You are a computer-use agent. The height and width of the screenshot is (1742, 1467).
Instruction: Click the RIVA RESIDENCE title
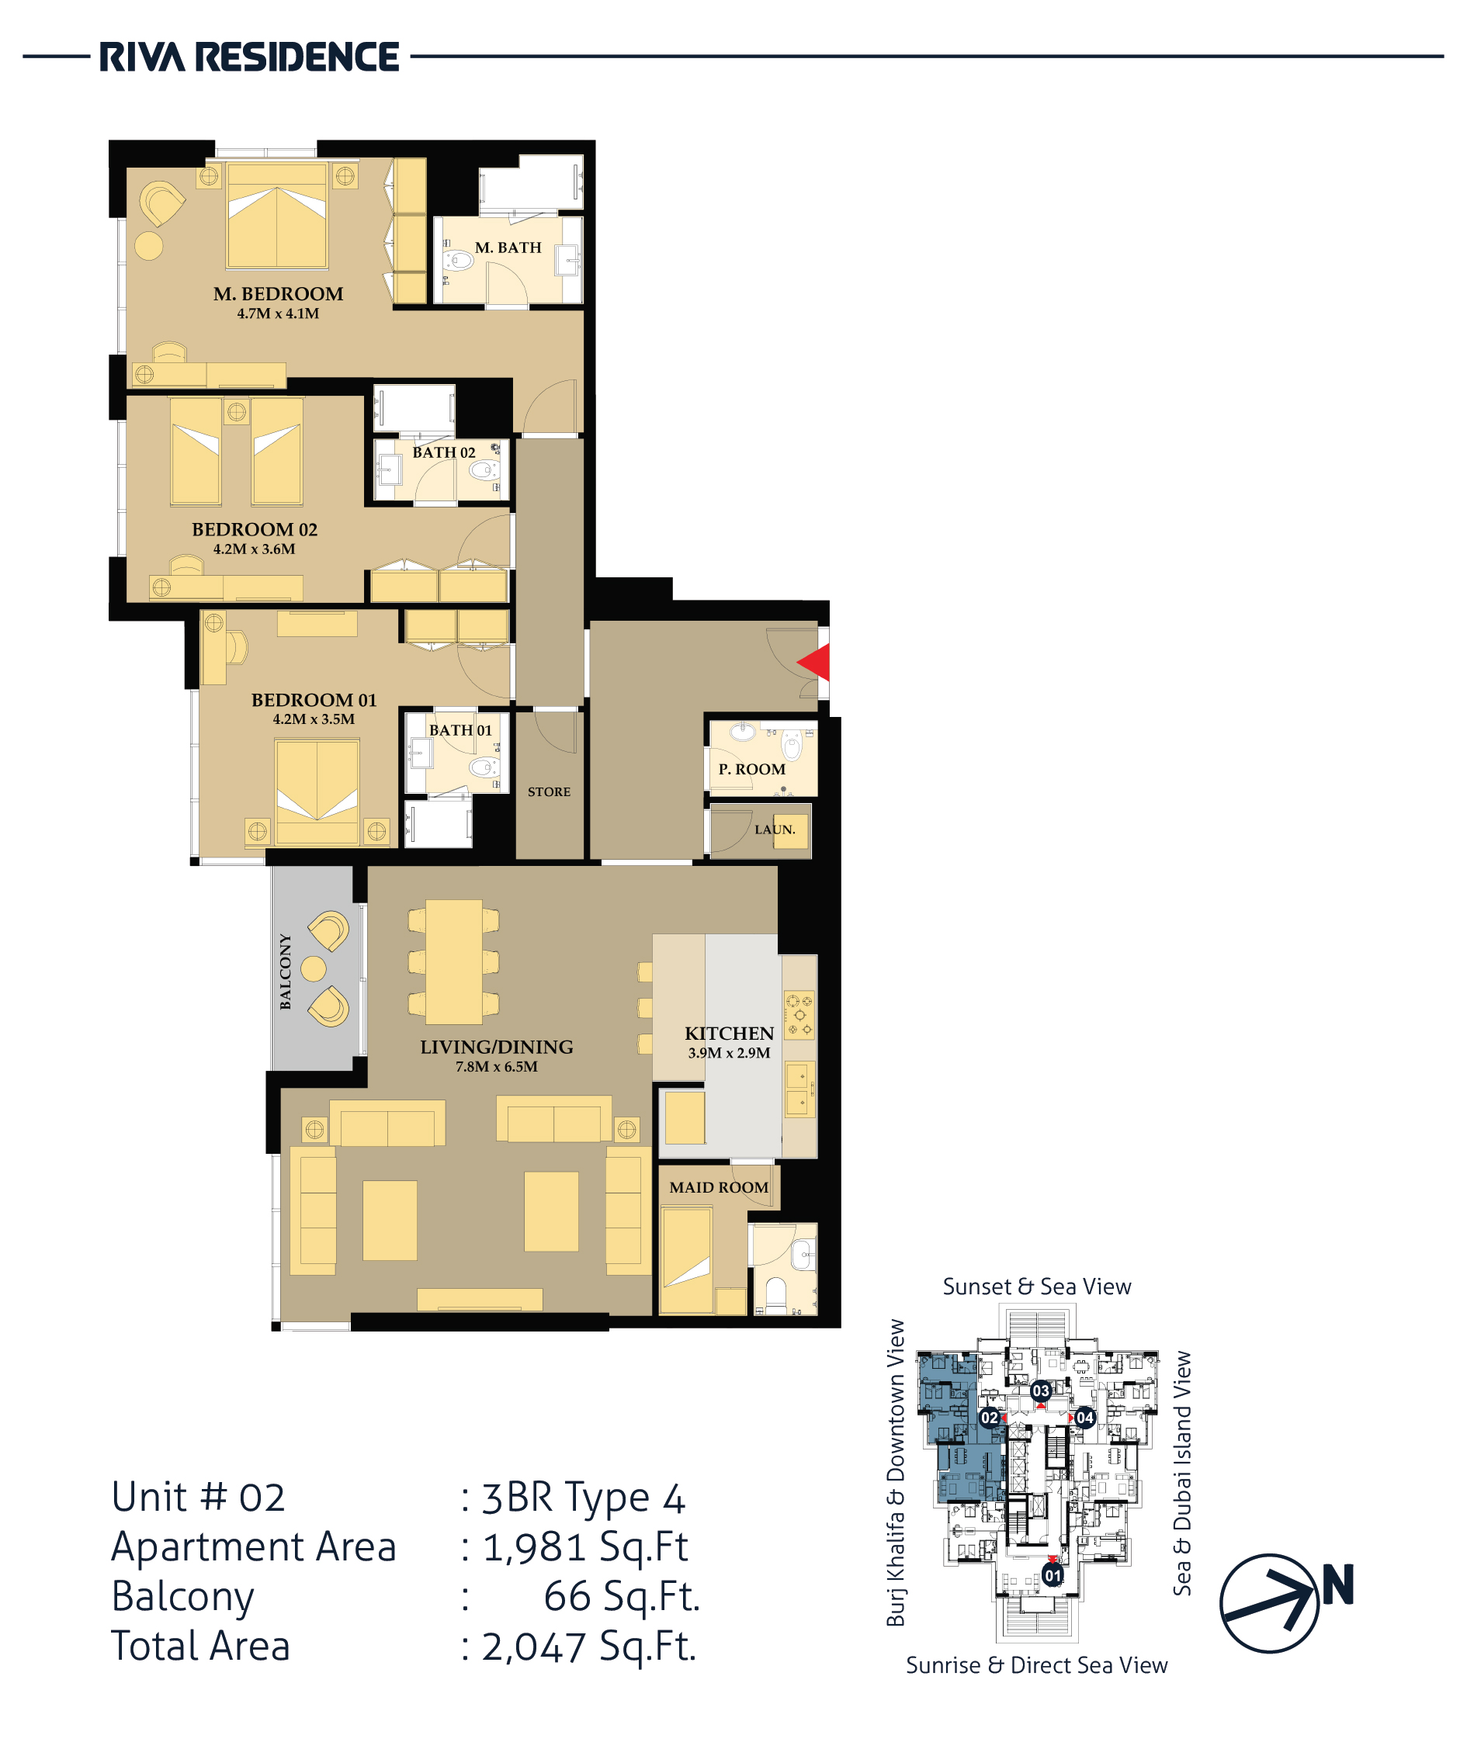(x=249, y=57)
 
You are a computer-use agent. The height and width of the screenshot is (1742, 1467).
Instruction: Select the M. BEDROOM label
(x=278, y=293)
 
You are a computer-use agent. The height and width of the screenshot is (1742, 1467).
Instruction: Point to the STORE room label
(x=549, y=791)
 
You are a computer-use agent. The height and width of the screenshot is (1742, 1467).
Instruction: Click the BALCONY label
(x=286, y=971)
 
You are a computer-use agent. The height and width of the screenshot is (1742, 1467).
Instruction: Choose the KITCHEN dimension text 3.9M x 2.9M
(x=730, y=1053)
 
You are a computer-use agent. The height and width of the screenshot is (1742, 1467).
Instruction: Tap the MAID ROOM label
(x=719, y=1187)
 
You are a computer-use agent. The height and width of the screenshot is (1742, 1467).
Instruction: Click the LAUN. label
(x=775, y=829)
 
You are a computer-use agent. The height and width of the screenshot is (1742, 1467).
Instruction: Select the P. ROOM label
(x=752, y=769)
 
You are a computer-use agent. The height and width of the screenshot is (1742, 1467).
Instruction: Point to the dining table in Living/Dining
(x=453, y=961)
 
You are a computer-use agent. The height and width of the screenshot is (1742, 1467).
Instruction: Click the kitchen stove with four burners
(x=799, y=1014)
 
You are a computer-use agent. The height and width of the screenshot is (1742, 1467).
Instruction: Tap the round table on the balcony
(x=314, y=968)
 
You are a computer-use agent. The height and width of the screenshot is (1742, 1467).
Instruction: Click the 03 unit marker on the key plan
(x=1040, y=1390)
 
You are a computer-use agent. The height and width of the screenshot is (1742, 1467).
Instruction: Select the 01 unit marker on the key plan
(x=1053, y=1576)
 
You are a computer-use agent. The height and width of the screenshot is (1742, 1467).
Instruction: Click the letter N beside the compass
(x=1338, y=1584)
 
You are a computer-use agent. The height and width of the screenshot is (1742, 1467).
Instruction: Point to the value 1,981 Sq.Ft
(x=585, y=1546)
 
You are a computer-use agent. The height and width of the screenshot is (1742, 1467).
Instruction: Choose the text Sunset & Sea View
(x=1037, y=1287)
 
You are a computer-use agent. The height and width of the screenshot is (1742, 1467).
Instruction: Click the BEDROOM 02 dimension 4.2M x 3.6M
(x=255, y=549)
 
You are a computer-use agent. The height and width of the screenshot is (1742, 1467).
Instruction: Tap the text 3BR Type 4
(x=584, y=1498)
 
